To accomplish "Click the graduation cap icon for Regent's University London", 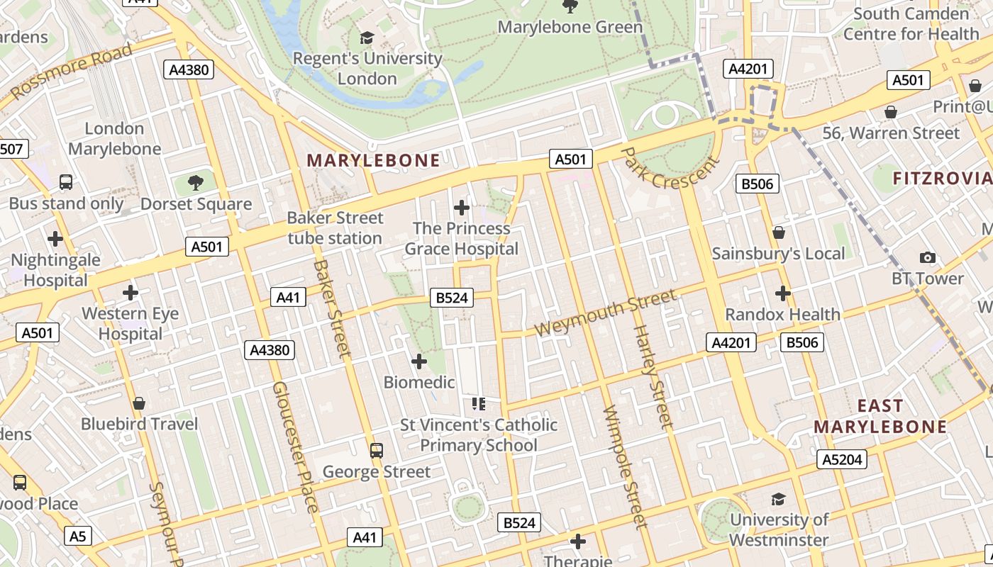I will point(367,38).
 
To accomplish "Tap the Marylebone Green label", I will point(570,27).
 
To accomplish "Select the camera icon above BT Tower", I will point(927,257).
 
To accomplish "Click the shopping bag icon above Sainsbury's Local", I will point(779,232).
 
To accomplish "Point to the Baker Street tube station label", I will point(335,228).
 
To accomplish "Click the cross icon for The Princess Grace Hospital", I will point(462,208).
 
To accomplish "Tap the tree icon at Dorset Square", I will point(196,183).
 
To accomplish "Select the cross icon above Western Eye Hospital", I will point(131,292).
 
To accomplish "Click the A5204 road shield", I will point(842,459).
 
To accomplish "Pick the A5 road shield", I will point(78,536).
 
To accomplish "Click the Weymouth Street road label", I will point(605,313).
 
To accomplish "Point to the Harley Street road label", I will point(651,377).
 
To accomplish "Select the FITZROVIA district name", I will point(942,178).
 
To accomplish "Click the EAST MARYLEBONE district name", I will point(880,416).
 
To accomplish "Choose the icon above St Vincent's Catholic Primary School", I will point(479,404).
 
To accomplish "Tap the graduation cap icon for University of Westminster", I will point(778,499).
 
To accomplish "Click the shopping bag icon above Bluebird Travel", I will point(139,403).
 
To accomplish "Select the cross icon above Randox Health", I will point(782,293).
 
